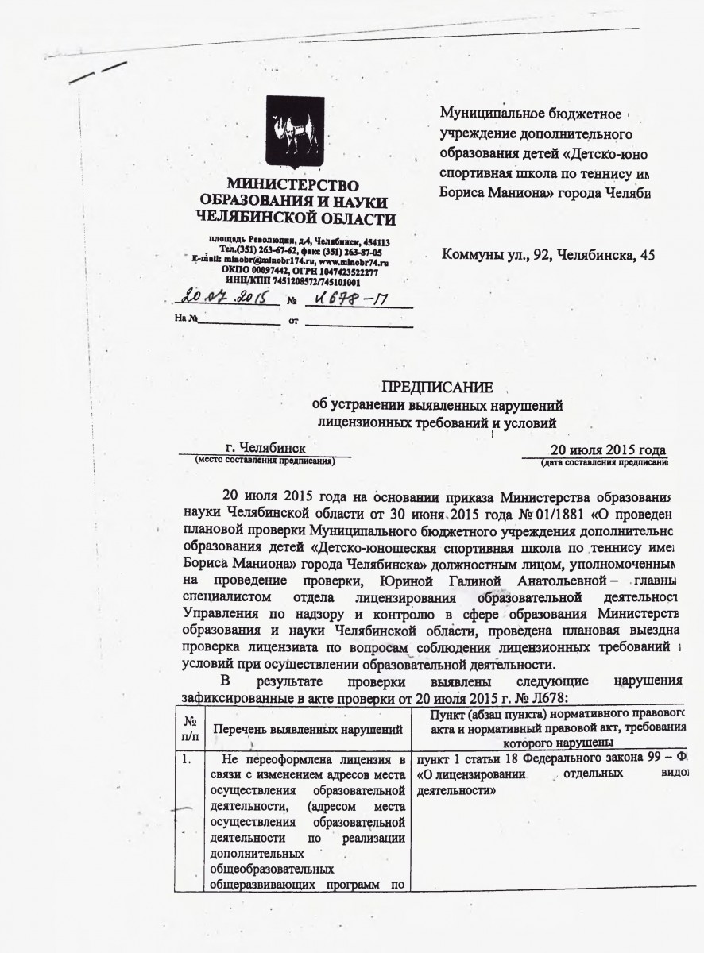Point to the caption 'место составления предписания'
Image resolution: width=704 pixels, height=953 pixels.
pyautogui.click(x=265, y=460)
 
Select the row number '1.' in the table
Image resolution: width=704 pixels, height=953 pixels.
pyautogui.click(x=189, y=754)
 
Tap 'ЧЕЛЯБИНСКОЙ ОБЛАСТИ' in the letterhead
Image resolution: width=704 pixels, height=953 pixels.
pyautogui.click(x=295, y=217)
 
